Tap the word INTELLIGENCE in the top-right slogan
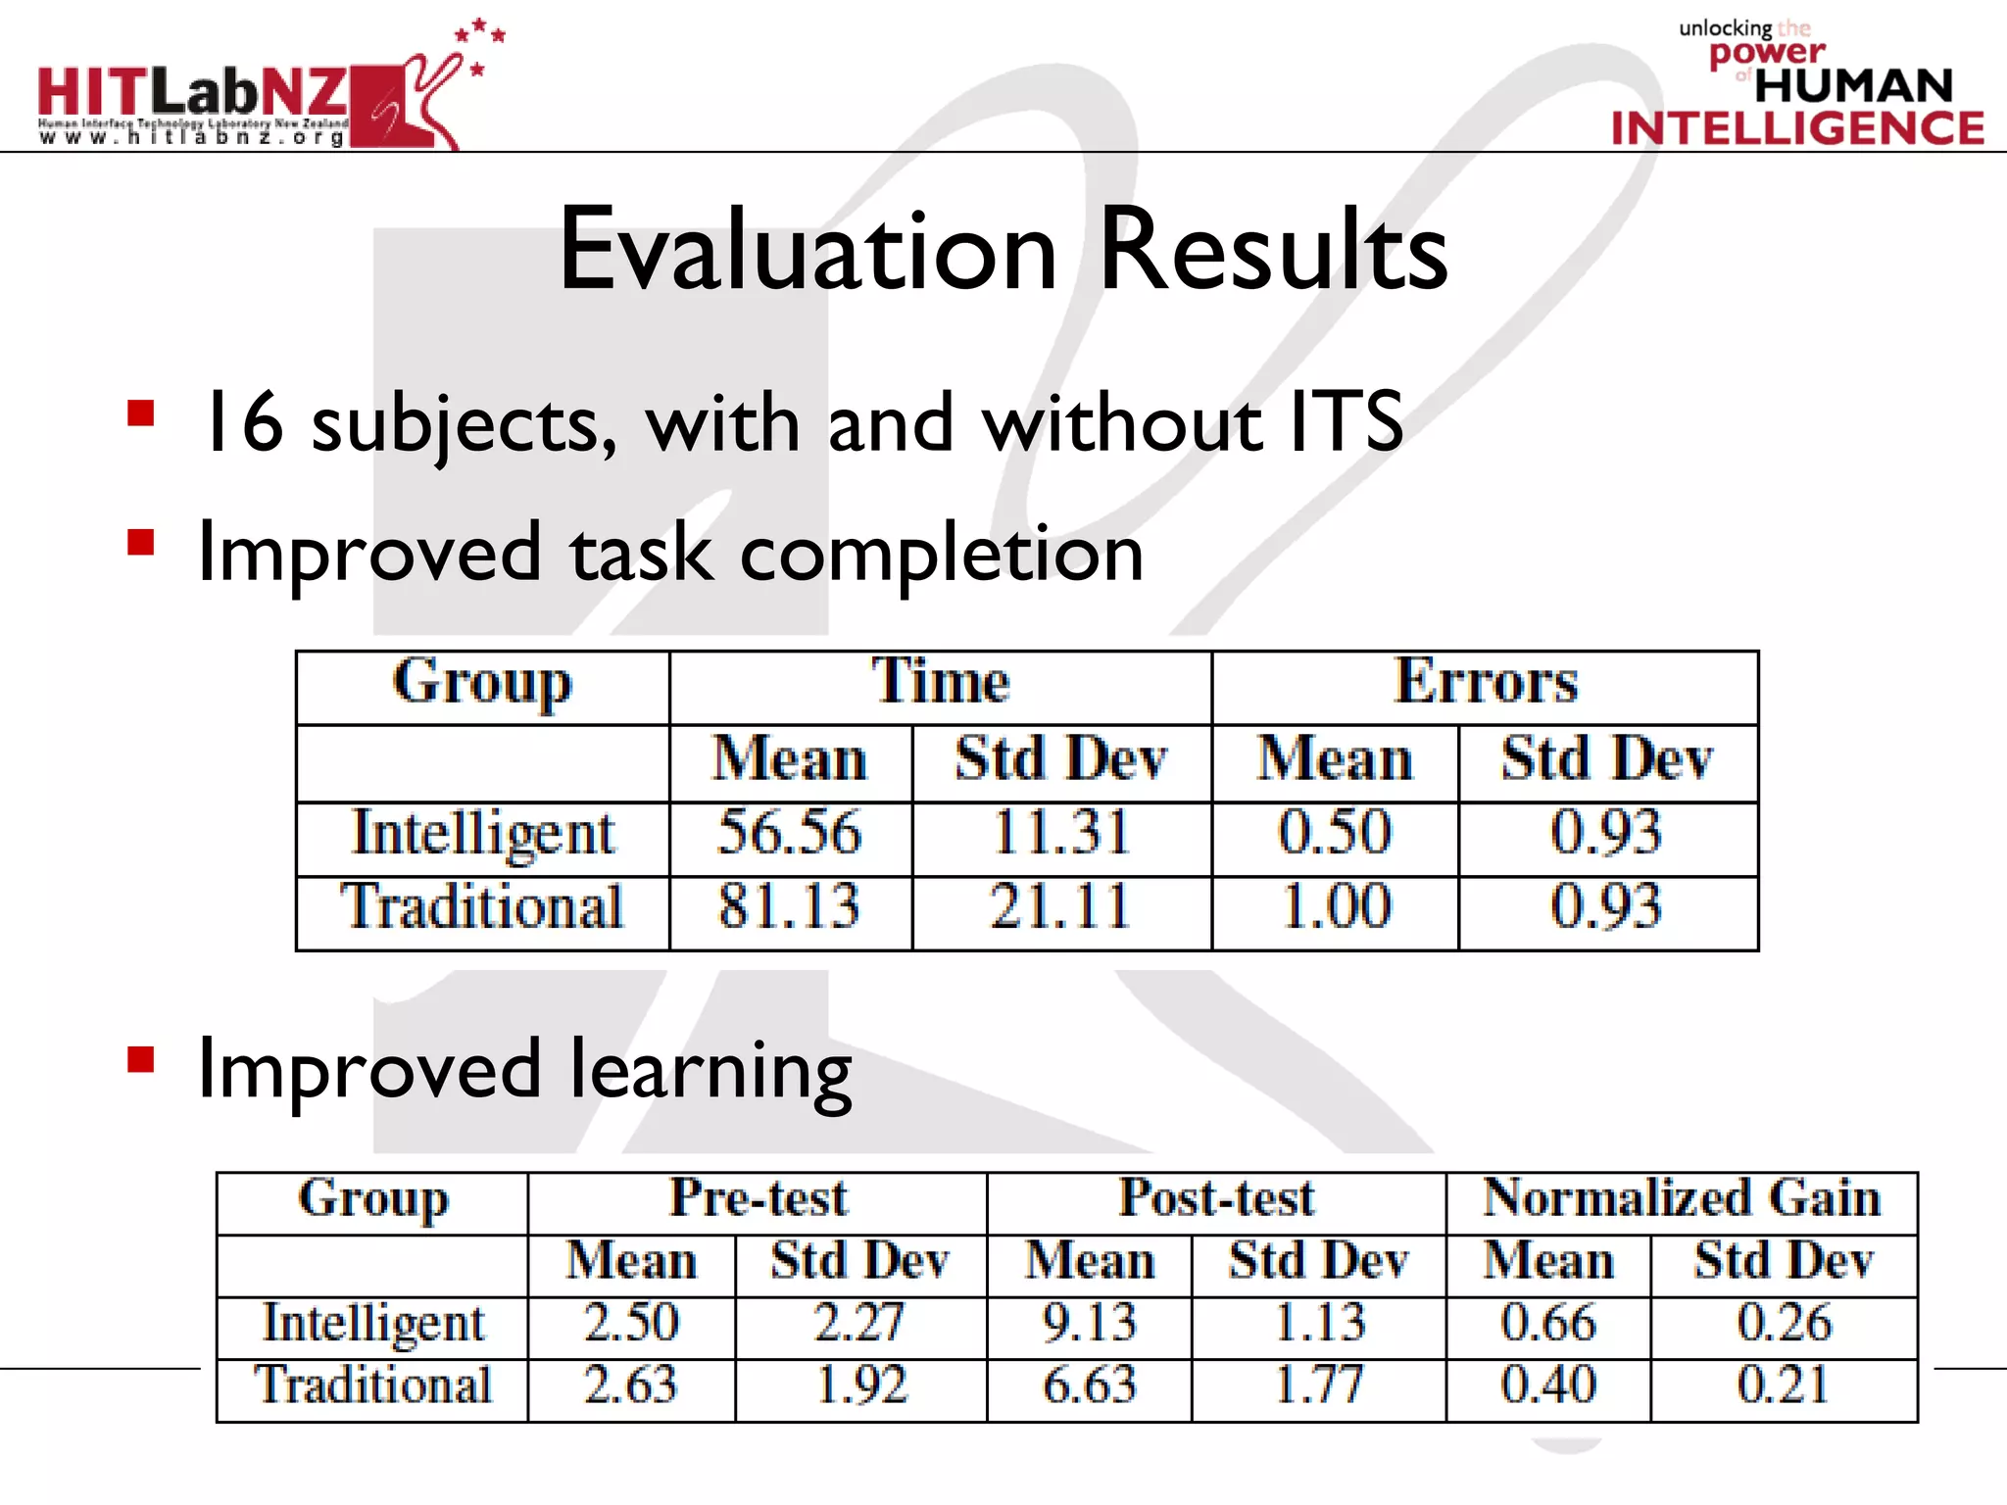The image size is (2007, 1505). tap(1797, 129)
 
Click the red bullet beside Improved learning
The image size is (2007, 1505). tap(141, 1060)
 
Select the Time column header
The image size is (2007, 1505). tap(940, 682)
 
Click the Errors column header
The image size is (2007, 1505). tap(1485, 682)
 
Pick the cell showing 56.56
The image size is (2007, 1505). tap(790, 834)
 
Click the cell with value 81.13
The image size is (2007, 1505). tap(790, 906)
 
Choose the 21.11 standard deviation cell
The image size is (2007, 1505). tap(1061, 906)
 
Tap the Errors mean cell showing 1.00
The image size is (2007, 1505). tap(1335, 906)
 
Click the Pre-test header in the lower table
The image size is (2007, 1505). tap(758, 1198)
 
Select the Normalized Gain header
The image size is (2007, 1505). tap(1682, 1198)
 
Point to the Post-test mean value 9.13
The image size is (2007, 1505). tap(1089, 1323)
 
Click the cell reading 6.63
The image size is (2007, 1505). tap(1089, 1385)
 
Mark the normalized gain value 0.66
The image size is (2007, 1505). tap(1548, 1323)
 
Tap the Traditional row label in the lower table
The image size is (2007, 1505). tap(372, 1385)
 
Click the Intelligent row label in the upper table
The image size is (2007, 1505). tap(483, 834)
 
